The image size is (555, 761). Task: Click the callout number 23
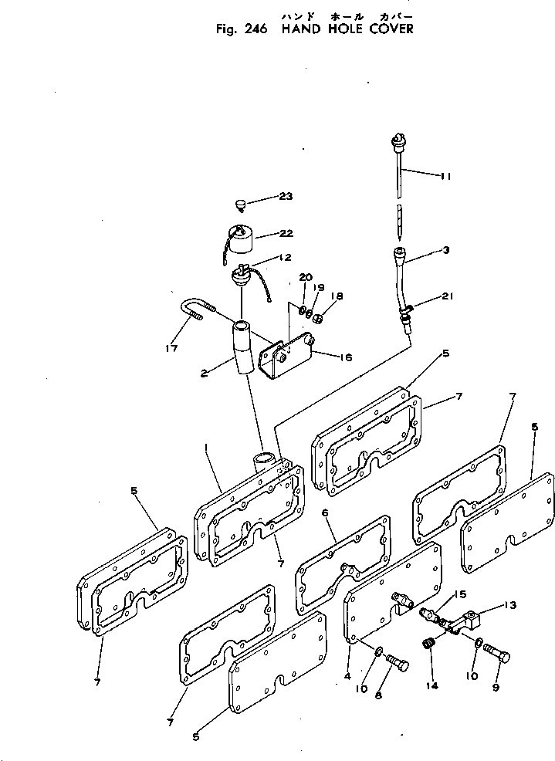point(286,196)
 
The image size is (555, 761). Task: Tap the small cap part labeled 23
point(242,205)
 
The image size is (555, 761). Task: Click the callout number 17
point(171,348)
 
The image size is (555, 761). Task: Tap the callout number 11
point(445,176)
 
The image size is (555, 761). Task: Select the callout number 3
point(447,250)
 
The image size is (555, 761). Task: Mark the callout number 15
point(461,594)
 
